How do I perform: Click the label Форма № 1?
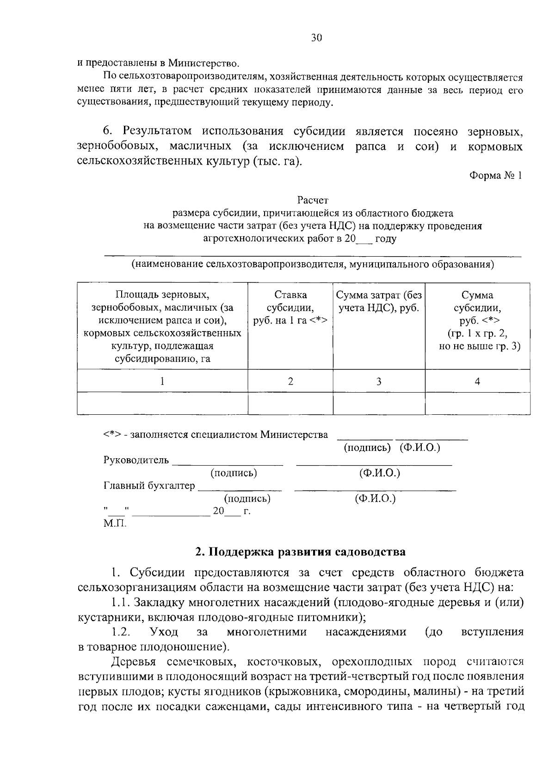click(495, 176)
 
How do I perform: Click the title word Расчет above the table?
click(313, 200)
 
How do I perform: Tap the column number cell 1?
click(162, 381)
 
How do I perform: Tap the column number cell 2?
click(290, 381)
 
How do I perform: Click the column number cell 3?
click(379, 381)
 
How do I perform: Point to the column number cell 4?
click(477, 381)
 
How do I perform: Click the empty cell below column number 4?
click(477, 403)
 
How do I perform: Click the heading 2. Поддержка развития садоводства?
click(300, 552)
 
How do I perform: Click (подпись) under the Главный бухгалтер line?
click(247, 499)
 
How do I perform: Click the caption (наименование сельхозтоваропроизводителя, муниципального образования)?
click(313, 265)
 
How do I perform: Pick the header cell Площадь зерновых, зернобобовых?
click(162, 326)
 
